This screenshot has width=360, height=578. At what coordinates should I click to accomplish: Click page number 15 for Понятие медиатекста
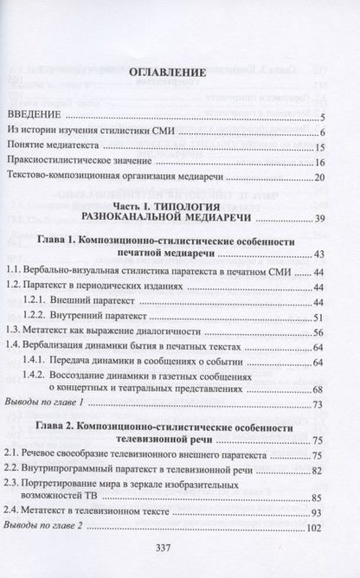tap(318, 148)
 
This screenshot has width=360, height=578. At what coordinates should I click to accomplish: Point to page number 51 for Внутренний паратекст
tap(318, 317)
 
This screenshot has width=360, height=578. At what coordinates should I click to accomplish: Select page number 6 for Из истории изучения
tap(321, 132)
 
